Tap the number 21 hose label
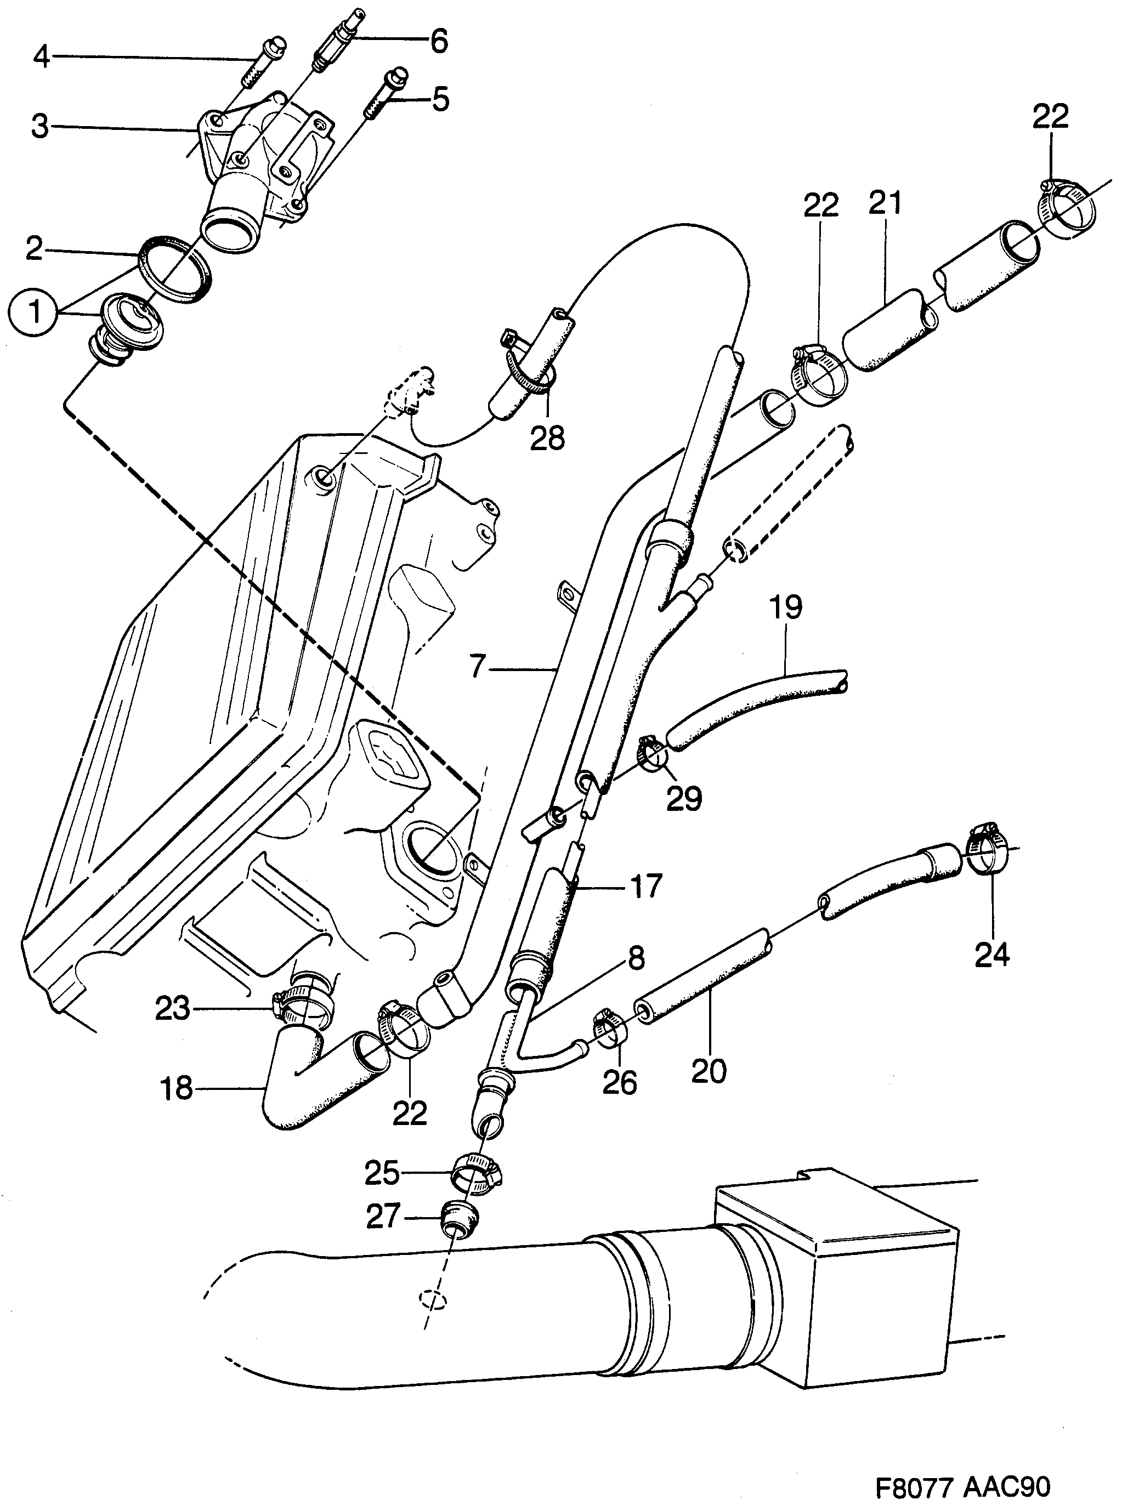885,203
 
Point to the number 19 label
786,607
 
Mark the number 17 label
645,886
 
